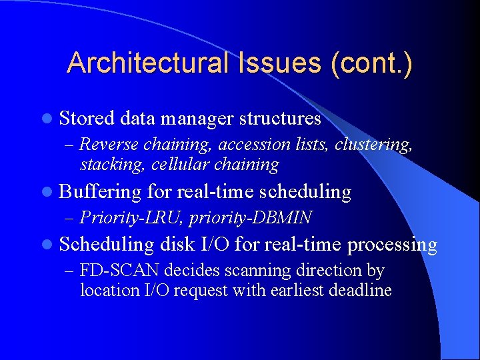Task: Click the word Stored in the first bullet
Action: point(87,119)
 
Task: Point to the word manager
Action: point(196,119)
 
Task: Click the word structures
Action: point(280,119)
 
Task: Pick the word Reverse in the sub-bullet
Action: point(110,145)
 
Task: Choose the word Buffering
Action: point(100,192)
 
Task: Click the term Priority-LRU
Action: point(122,218)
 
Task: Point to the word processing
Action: point(392,245)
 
